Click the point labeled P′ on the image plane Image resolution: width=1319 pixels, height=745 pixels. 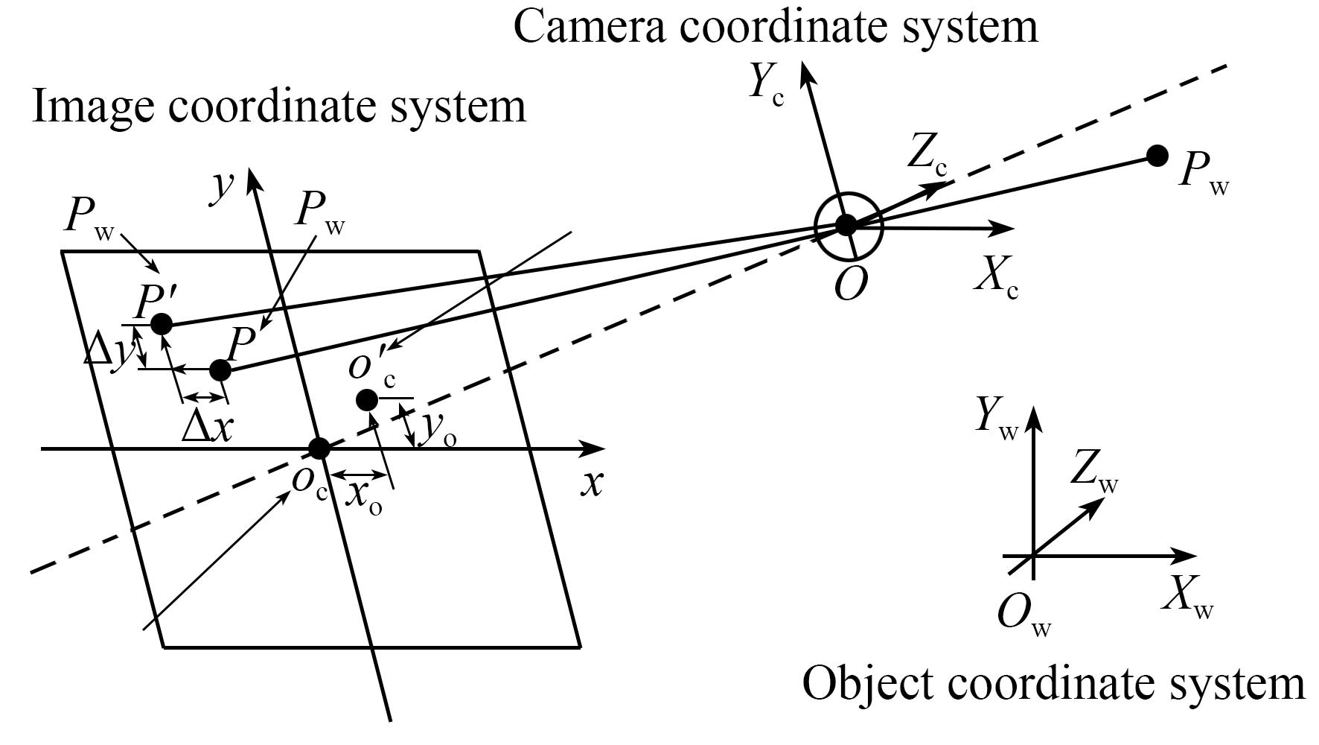click(162, 324)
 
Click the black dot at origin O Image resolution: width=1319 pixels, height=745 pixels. click(846, 224)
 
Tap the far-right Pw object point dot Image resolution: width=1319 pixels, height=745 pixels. click(1157, 156)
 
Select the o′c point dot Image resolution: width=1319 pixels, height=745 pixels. click(366, 400)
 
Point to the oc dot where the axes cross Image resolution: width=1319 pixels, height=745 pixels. click(319, 448)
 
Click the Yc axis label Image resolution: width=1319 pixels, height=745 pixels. click(766, 83)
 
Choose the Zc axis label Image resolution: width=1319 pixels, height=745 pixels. click(927, 156)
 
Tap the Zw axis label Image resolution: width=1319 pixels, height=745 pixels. click(1094, 472)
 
